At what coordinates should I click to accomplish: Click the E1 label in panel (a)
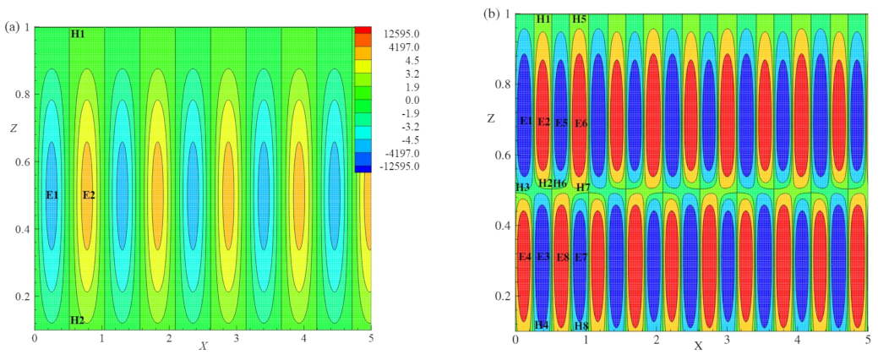pyautogui.click(x=52, y=195)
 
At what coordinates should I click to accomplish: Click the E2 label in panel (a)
pyautogui.click(x=89, y=195)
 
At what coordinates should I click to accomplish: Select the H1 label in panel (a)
pyautogui.click(x=78, y=34)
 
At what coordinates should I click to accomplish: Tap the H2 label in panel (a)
pyautogui.click(x=78, y=320)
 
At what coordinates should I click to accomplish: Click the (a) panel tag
pyautogui.click(x=12, y=27)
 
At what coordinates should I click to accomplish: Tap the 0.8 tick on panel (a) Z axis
pyautogui.click(x=24, y=95)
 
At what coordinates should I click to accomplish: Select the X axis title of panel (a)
pyautogui.click(x=203, y=346)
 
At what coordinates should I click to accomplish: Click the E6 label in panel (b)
pyautogui.click(x=581, y=123)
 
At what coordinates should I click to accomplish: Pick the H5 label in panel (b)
pyautogui.click(x=579, y=19)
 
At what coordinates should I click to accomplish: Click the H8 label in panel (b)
pyautogui.click(x=581, y=325)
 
